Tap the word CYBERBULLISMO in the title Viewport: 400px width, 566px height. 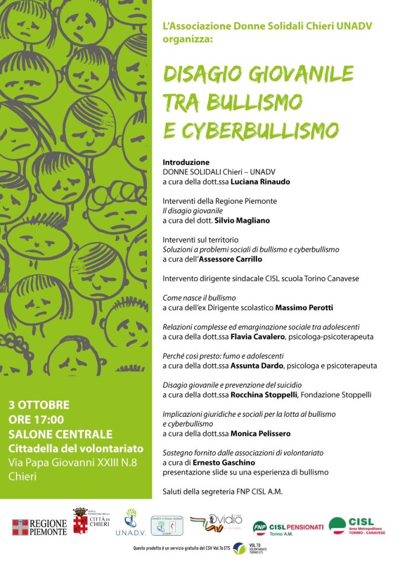click(x=260, y=130)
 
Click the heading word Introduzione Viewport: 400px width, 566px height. click(x=186, y=163)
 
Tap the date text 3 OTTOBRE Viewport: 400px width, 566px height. click(x=39, y=405)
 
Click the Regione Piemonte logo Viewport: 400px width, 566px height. click(x=39, y=527)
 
